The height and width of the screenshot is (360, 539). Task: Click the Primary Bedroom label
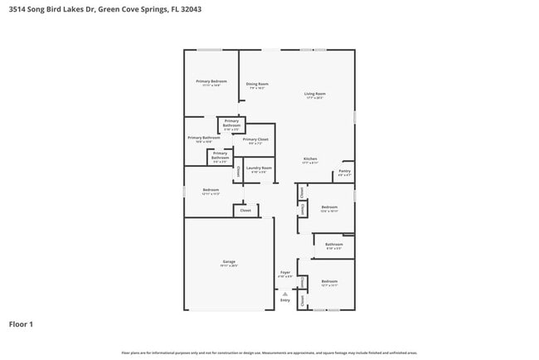pyautogui.click(x=211, y=81)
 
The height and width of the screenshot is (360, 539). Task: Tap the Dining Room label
pyautogui.click(x=257, y=84)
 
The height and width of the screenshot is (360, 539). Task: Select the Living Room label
pyautogui.click(x=314, y=95)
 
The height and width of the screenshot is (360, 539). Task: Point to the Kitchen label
pyautogui.click(x=309, y=158)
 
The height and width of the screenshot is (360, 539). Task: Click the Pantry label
pyautogui.click(x=345, y=172)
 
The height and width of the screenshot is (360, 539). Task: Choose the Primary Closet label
pyautogui.click(x=255, y=139)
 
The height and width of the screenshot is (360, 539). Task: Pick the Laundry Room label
pyautogui.click(x=259, y=168)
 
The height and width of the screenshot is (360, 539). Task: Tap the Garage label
pyautogui.click(x=229, y=262)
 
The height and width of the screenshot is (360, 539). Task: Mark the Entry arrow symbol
pyautogui.click(x=285, y=294)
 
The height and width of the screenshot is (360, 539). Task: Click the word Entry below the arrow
pyautogui.click(x=285, y=302)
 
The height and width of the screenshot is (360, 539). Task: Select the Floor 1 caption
pyautogui.click(x=21, y=324)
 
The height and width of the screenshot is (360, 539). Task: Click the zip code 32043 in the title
pyautogui.click(x=187, y=9)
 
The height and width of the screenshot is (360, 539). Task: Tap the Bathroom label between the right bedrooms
pyautogui.click(x=333, y=245)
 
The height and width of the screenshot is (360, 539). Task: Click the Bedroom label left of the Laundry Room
pyautogui.click(x=211, y=190)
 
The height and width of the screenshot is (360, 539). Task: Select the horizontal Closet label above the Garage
pyautogui.click(x=245, y=211)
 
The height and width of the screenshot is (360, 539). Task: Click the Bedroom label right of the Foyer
pyautogui.click(x=330, y=281)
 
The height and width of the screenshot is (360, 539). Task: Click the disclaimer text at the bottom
pyautogui.click(x=269, y=353)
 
